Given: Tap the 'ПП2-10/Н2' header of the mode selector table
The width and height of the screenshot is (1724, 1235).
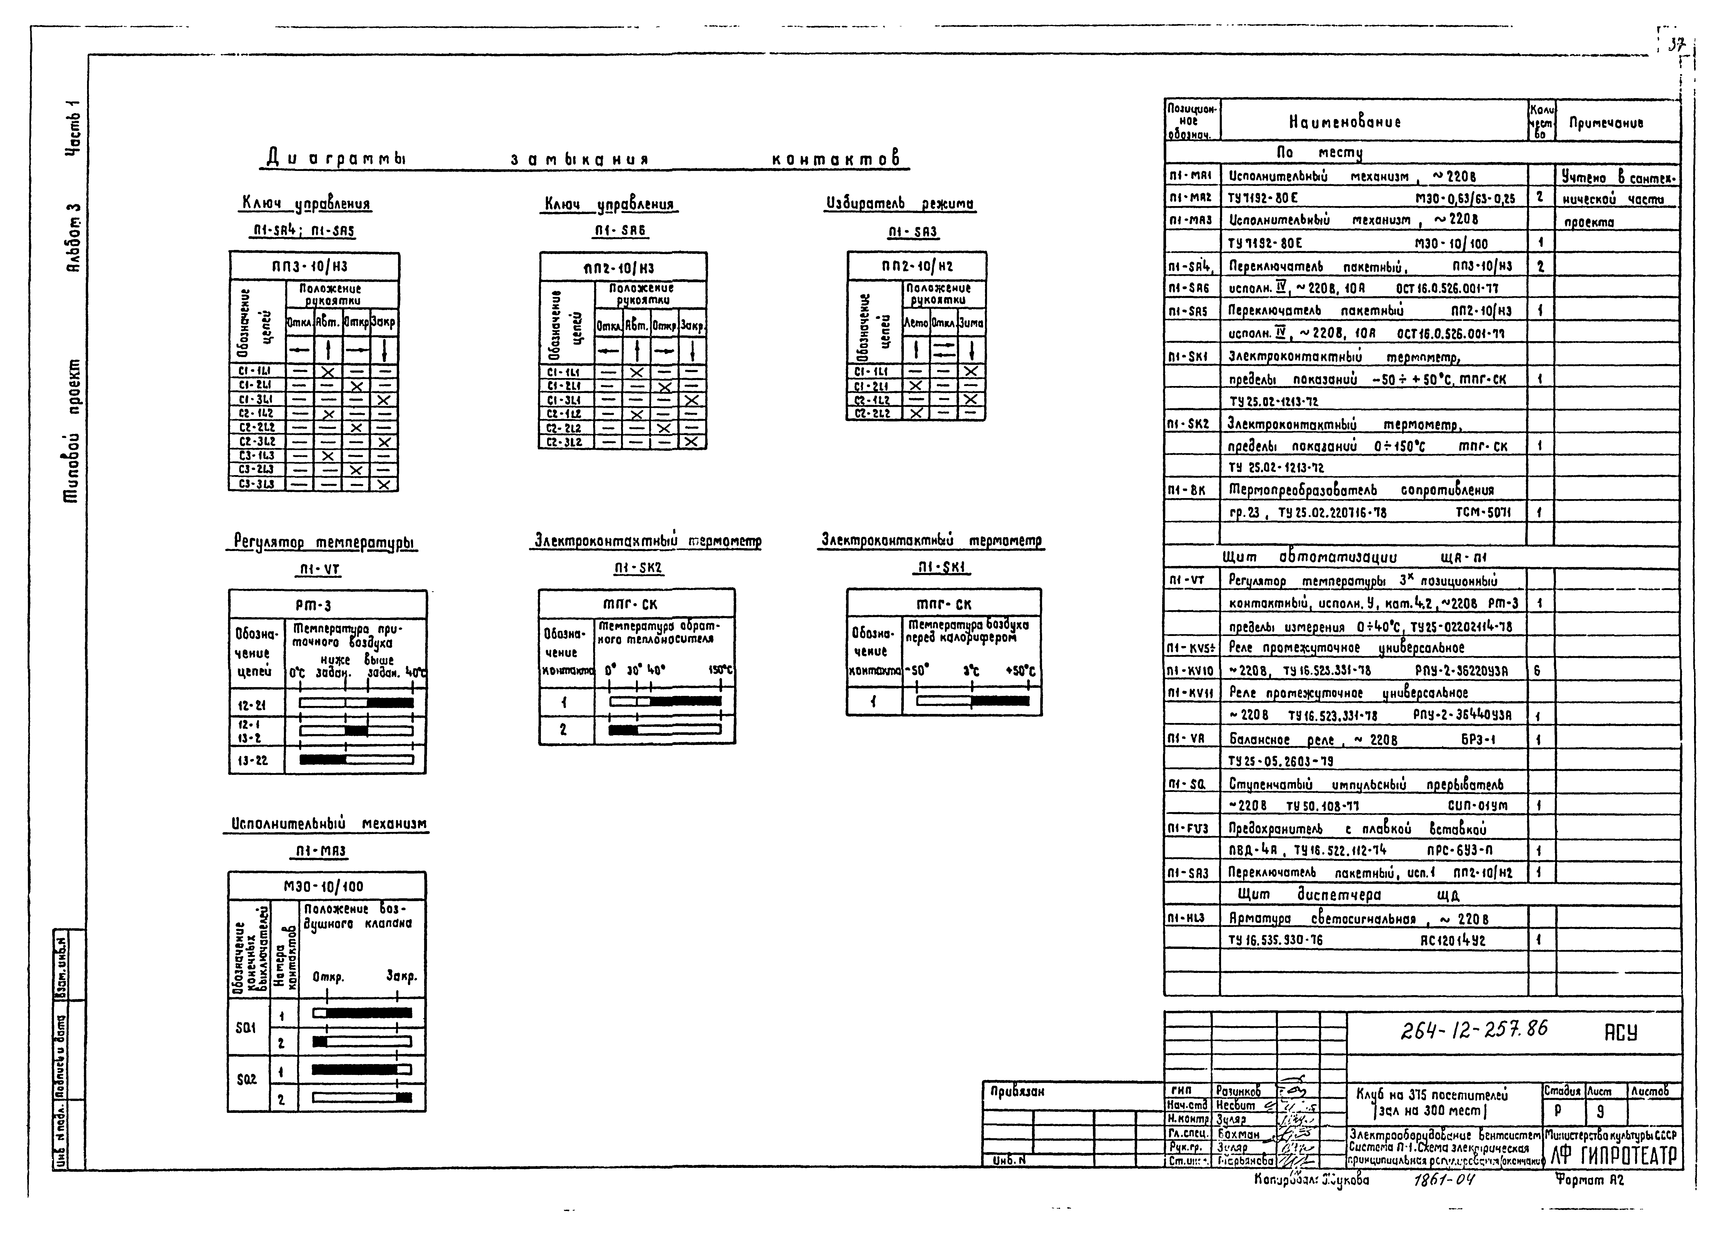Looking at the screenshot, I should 917,266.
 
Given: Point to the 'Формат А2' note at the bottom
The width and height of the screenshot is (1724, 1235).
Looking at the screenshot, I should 1589,1179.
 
